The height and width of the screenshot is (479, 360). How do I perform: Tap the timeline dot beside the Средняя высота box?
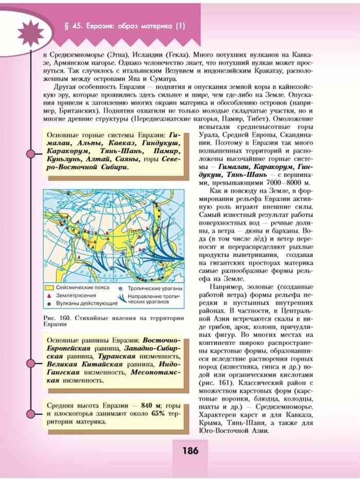30,414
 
